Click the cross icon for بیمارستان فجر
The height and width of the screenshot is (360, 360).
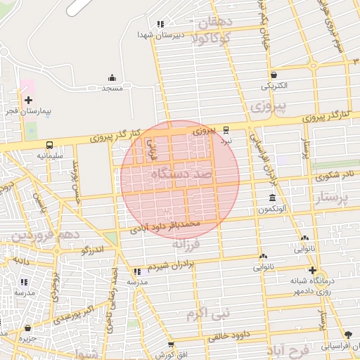[28, 101]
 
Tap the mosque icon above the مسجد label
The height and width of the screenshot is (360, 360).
[112, 77]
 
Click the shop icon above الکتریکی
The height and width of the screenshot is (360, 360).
[274, 75]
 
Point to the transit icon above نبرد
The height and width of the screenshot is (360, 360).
[226, 130]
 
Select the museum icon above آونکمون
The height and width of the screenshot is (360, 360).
[272, 199]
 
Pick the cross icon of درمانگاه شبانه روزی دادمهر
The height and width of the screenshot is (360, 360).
[312, 270]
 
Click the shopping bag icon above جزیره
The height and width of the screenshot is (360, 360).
[27, 328]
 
